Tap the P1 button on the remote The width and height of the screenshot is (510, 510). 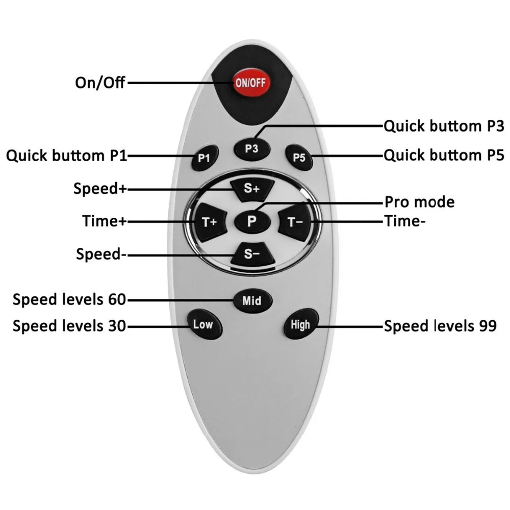pyautogui.click(x=204, y=158)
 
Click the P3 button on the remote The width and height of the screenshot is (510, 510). pyautogui.click(x=251, y=148)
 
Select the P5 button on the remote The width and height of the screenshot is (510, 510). pyautogui.click(x=299, y=157)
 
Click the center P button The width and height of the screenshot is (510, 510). pyautogui.click(x=251, y=221)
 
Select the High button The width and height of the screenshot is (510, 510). pyautogui.click(x=300, y=324)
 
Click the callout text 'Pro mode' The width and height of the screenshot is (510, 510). pyautogui.click(x=419, y=202)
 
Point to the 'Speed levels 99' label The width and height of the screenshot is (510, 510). pyautogui.click(x=440, y=326)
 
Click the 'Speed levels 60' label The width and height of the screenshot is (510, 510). pyautogui.click(x=69, y=299)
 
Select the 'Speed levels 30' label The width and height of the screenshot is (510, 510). pyautogui.click(x=69, y=325)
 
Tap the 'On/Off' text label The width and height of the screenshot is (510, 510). pyautogui.click(x=99, y=82)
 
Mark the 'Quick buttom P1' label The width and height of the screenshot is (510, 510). pyautogui.click(x=66, y=156)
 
